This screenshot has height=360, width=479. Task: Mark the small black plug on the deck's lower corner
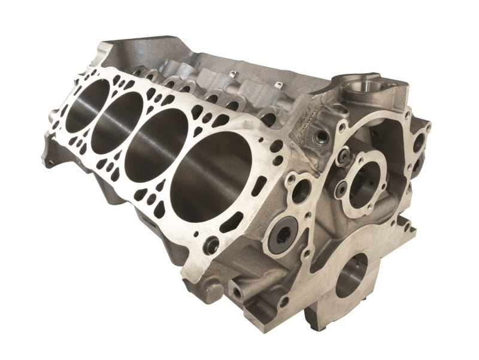click(x=211, y=244)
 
